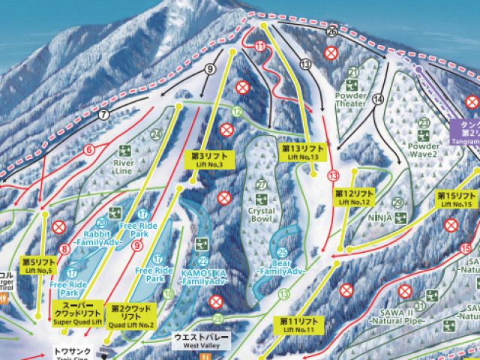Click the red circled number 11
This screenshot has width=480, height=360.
(260, 47)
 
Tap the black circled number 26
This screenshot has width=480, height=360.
(332, 31)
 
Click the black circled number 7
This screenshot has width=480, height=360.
(103, 114)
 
